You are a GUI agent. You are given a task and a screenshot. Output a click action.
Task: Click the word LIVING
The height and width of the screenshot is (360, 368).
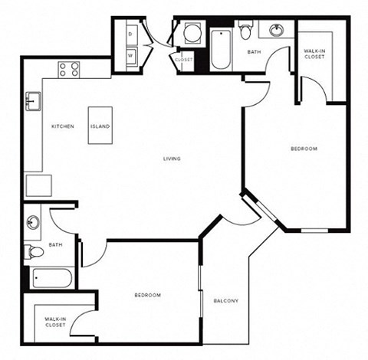pyautogui.click(x=172, y=159)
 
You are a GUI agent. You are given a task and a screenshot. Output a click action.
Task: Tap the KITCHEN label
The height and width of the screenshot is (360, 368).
pyautogui.click(x=63, y=126)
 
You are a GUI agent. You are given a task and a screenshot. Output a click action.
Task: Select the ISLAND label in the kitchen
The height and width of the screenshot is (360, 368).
pyautogui.click(x=100, y=126)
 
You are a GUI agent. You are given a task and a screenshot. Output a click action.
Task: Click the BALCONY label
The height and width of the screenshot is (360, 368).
pyautogui.click(x=226, y=300)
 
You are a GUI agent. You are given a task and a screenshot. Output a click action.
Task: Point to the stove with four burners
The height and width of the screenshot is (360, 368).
pyautogui.click(x=69, y=70)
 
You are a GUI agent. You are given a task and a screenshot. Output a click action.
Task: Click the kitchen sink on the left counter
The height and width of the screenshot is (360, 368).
pyautogui.click(x=33, y=100)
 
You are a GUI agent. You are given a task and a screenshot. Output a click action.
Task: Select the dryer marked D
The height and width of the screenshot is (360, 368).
pyautogui.click(x=130, y=34)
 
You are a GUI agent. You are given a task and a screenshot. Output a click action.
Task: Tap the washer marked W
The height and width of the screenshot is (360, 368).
pyautogui.click(x=130, y=55)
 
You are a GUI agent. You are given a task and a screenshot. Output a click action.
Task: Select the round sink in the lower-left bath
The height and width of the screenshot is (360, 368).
pyautogui.click(x=33, y=223)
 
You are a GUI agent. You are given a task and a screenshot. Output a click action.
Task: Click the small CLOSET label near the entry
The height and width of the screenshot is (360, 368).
pyautogui.click(x=184, y=59)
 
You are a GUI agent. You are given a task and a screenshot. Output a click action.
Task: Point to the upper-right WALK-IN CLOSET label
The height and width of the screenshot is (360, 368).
pyautogui.click(x=314, y=54)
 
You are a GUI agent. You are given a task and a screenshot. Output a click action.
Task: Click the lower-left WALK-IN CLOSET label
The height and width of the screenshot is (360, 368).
pyautogui.click(x=54, y=322)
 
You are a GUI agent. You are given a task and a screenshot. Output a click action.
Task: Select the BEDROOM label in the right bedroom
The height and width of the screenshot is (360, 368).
pyautogui.click(x=304, y=149)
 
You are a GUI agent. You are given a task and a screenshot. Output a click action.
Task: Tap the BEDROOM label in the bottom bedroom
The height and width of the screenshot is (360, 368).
pyautogui.click(x=147, y=295)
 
